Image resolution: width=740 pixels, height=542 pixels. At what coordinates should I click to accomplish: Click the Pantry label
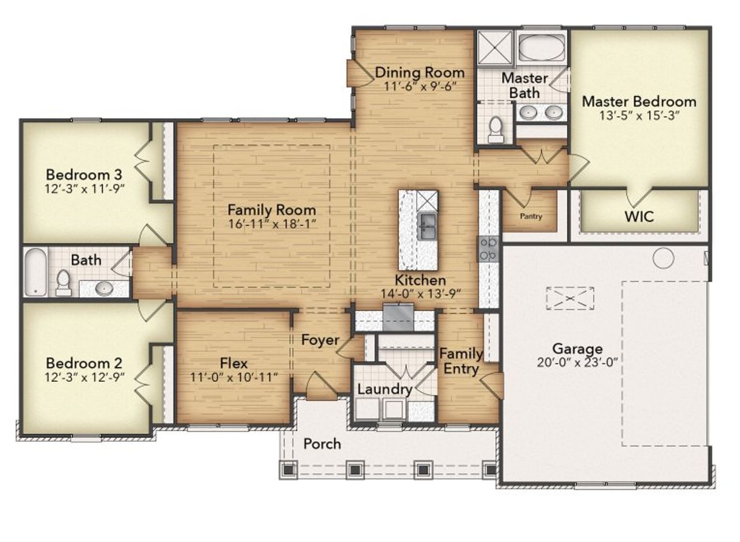click(531, 217)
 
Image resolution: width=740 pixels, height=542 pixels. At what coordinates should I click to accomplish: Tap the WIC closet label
click(639, 217)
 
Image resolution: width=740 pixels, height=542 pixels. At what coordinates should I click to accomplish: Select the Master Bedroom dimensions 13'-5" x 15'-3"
click(639, 115)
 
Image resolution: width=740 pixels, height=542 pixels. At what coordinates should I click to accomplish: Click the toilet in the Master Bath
click(495, 129)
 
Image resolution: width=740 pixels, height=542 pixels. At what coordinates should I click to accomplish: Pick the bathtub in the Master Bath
click(541, 47)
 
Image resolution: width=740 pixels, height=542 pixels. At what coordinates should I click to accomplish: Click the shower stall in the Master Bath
click(494, 47)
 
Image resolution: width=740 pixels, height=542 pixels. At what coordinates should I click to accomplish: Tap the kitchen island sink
click(427, 226)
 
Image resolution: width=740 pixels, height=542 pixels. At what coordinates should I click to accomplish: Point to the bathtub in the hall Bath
click(35, 272)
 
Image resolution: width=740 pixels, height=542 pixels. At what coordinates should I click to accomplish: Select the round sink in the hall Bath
click(104, 287)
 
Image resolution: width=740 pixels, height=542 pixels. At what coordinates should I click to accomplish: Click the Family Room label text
click(271, 209)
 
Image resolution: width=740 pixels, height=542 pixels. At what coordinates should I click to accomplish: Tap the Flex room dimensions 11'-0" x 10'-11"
click(234, 377)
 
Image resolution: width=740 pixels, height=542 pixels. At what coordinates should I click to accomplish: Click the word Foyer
click(320, 340)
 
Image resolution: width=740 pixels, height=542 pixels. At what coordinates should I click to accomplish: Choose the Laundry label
click(384, 389)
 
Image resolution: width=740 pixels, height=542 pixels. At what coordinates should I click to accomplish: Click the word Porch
click(322, 444)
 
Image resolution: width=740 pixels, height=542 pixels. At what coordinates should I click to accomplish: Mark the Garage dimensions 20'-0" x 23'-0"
click(577, 363)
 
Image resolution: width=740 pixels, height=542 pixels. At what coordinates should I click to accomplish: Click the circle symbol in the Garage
click(663, 258)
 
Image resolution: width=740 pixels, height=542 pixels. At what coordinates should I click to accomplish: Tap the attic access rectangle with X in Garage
click(570, 298)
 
